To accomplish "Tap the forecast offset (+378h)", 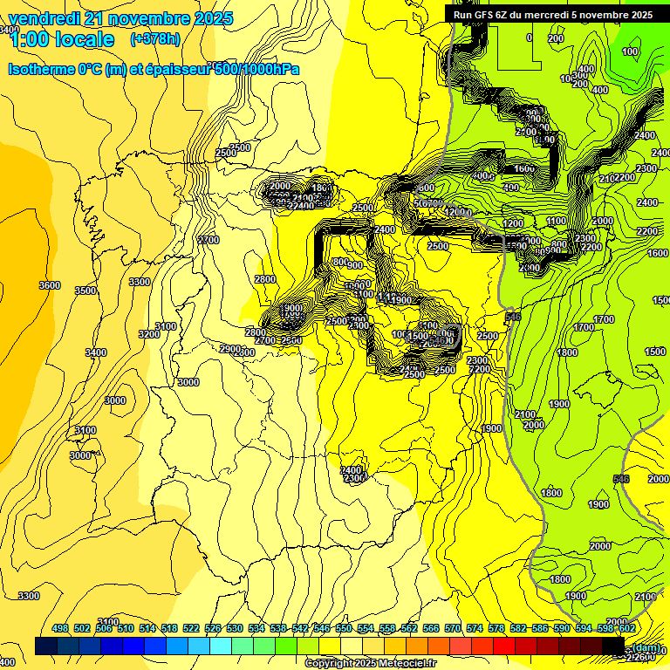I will pos(154,39).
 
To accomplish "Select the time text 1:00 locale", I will pos(61,39).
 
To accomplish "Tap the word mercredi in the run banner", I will pos(568,15).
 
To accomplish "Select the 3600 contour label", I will pos(50,285).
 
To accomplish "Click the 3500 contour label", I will pos(85,291).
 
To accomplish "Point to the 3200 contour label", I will pos(149,334).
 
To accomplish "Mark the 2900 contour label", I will pos(229,349).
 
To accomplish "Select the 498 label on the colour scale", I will pos(60,628).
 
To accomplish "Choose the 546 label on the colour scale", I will pos(322,628).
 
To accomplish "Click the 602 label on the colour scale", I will pos(626,628).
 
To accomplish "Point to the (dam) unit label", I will pos(646,648).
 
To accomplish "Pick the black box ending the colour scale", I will pos(613,646).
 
